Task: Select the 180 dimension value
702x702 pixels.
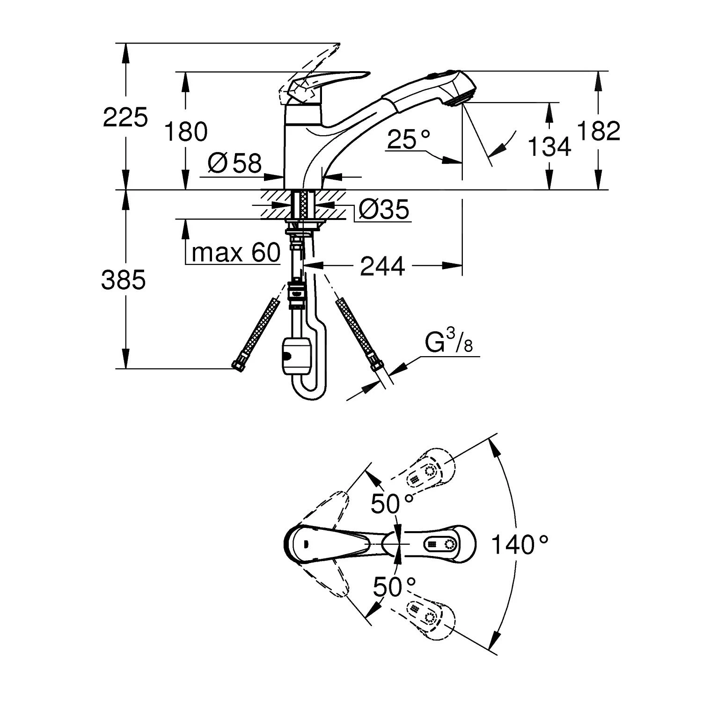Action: (x=185, y=132)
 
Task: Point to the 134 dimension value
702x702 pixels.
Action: (x=549, y=146)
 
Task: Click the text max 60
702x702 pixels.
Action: (x=235, y=253)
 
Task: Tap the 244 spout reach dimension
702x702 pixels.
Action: (x=382, y=266)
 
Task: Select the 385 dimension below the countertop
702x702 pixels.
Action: (x=124, y=280)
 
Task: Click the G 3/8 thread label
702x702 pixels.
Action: (x=449, y=343)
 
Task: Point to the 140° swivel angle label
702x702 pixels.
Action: (x=519, y=545)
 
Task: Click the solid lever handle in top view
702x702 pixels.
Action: (x=328, y=545)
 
